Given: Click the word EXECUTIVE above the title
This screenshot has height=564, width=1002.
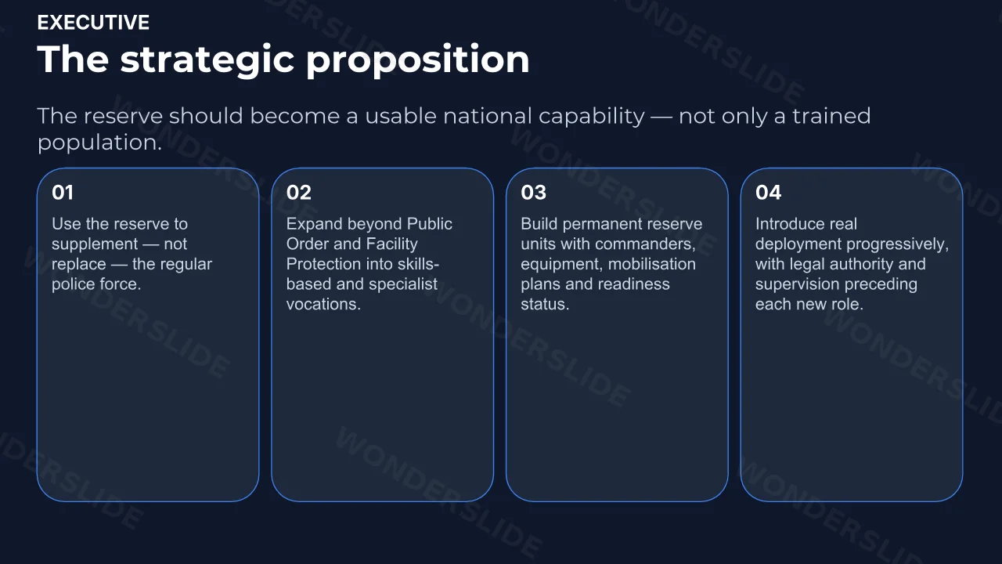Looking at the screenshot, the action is [93, 23].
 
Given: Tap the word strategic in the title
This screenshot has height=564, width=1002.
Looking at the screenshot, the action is [207, 60].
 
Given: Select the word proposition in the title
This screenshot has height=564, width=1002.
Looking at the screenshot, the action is [418, 60].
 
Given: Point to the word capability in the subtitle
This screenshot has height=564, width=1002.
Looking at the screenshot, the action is [591, 117].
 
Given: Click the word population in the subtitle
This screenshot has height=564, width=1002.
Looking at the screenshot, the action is [99, 143].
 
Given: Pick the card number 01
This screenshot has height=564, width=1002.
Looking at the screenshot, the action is [62, 193].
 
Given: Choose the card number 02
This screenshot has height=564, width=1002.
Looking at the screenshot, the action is [298, 193].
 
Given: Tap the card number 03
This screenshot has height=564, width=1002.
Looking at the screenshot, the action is [533, 193].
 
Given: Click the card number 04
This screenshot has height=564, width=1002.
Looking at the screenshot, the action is [768, 193].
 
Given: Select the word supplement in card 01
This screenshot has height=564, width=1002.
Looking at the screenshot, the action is [95, 244].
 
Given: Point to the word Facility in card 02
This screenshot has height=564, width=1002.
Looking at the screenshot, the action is [392, 244].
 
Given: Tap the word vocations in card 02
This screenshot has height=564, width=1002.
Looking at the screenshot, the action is [323, 305].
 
